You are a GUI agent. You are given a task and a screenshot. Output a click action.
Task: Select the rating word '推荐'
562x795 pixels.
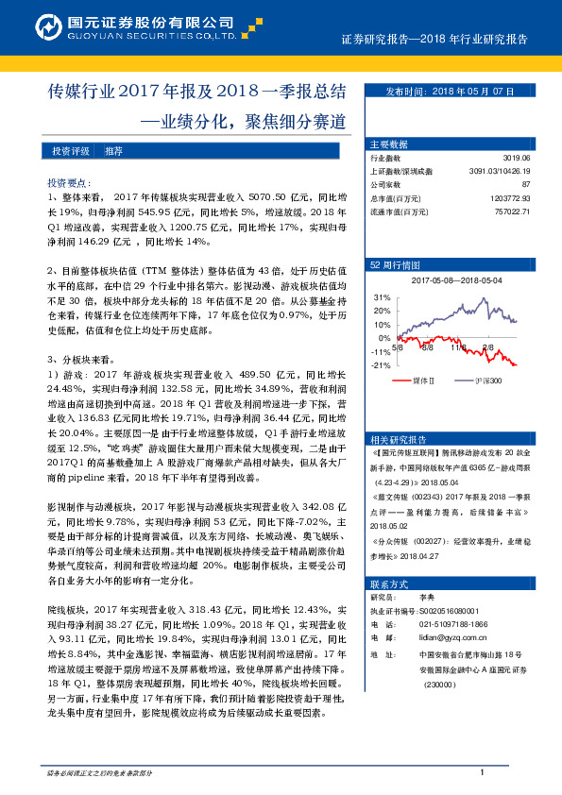(x=113, y=151)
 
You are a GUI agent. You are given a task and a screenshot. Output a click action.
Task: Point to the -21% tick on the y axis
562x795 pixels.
(x=382, y=365)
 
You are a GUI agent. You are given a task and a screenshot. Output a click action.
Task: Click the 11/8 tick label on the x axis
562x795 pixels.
(x=459, y=347)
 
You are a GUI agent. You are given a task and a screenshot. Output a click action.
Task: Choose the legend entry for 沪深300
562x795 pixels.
(x=485, y=381)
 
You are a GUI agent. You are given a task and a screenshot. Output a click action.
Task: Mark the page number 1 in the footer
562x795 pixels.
(x=482, y=773)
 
